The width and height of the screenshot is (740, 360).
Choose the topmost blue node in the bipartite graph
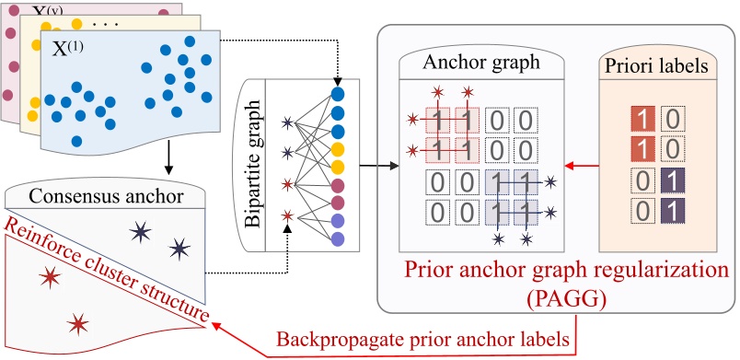(337, 94)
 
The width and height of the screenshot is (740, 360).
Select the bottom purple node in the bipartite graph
(337, 238)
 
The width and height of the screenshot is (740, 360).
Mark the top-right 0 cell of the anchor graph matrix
(524, 119)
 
